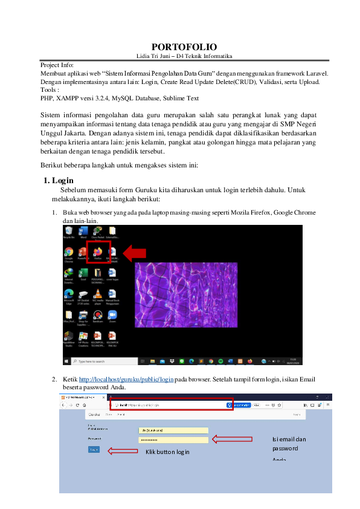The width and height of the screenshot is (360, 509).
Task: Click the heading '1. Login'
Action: pos(59,180)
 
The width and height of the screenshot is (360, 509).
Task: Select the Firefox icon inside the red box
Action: pos(97,251)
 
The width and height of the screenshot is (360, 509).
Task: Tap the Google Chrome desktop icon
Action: pos(69,252)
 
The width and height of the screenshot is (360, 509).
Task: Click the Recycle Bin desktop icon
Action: pos(69,232)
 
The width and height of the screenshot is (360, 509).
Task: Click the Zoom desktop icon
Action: pos(112,315)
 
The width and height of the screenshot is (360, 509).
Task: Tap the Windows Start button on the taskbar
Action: pos(66,361)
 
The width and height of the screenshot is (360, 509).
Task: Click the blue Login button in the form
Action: pos(94,450)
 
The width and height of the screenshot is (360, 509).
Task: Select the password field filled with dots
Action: pos(173,439)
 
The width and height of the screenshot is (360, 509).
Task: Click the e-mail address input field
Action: pos(173,430)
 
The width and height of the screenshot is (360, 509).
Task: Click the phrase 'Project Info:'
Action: pos(57,65)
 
